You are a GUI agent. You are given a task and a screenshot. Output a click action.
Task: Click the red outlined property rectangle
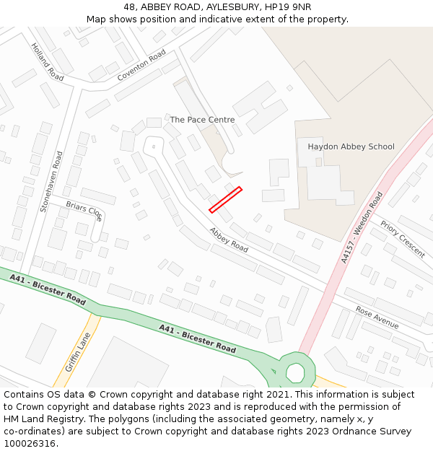[x=225, y=200]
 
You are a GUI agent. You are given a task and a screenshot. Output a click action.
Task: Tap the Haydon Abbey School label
[x=351, y=146]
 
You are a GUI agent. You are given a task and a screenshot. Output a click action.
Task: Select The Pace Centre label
[x=202, y=119]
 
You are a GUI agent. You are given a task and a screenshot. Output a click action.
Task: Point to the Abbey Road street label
[x=229, y=240]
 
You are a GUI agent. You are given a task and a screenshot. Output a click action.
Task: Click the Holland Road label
[x=47, y=61]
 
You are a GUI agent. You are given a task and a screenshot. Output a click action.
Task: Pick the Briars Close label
[x=84, y=211]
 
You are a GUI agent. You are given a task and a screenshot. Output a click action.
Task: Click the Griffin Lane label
[x=77, y=352]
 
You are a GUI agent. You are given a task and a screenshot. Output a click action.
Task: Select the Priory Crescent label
[x=402, y=239]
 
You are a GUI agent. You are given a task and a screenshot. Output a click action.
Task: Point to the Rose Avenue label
[x=377, y=318]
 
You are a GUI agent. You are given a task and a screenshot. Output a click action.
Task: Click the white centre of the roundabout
[x=295, y=372]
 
